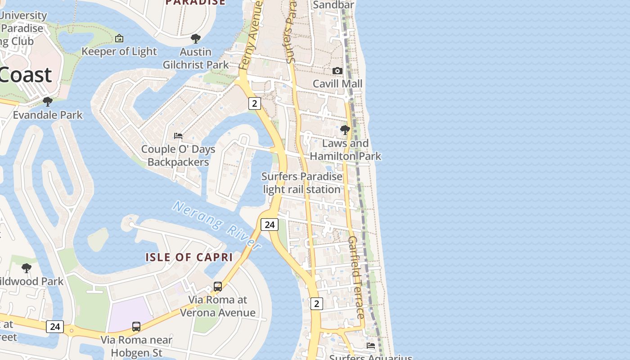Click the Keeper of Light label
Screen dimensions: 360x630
click(119, 51)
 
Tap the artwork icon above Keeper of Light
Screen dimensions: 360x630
click(119, 39)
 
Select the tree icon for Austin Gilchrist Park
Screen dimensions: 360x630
click(195, 39)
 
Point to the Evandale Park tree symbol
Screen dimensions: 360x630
click(47, 102)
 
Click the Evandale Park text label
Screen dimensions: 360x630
click(48, 115)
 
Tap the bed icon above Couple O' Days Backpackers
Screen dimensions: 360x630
click(178, 135)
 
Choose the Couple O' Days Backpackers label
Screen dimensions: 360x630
click(178, 155)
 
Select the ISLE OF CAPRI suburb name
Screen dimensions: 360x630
click(189, 257)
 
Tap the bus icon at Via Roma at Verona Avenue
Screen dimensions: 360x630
click(218, 286)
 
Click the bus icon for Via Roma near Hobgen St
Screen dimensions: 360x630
click(136, 326)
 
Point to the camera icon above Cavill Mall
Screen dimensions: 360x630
click(337, 71)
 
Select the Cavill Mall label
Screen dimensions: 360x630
click(337, 84)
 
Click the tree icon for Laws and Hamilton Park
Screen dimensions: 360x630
click(345, 130)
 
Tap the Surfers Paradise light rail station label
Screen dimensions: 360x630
click(302, 183)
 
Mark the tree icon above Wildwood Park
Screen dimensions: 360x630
click(27, 268)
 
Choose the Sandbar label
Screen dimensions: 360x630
click(333, 5)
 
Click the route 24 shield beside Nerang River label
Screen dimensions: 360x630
click(270, 225)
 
